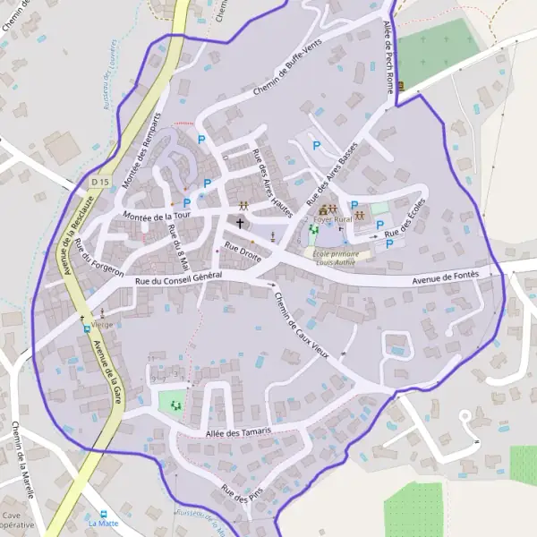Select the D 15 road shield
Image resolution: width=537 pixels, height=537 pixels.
99,182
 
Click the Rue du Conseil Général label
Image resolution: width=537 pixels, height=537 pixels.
178,281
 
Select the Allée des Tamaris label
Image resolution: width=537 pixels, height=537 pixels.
238,433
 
